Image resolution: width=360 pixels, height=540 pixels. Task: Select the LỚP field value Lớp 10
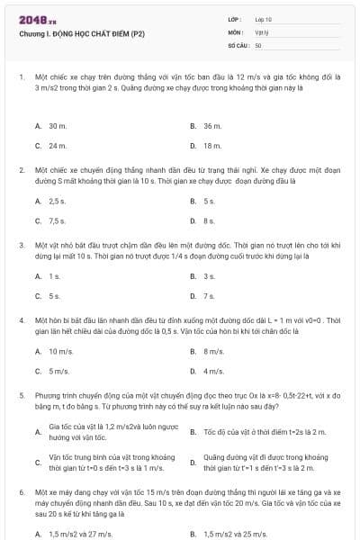coord(264,19)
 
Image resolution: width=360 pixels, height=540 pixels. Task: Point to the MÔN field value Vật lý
coord(262,31)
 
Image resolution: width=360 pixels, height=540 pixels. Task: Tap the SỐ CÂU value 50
coord(258,44)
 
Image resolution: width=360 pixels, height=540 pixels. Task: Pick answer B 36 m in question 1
coord(212,127)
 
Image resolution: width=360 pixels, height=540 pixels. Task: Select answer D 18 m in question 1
coord(212,145)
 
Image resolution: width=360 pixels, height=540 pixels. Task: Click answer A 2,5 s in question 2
coord(58,202)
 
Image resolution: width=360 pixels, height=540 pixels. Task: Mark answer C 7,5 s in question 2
coord(58,220)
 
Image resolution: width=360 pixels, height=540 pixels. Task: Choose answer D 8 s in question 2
coord(209,220)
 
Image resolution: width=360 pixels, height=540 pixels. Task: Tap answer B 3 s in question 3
coord(209,276)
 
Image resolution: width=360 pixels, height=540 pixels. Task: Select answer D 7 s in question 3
coord(209,294)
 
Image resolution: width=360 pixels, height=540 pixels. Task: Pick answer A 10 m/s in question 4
coord(60,352)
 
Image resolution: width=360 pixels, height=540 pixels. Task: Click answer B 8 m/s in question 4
coord(213,352)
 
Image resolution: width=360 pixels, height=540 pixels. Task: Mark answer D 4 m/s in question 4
coord(213,370)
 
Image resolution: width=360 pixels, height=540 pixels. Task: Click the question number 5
coord(21,394)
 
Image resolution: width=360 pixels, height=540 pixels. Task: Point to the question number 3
coord(21,244)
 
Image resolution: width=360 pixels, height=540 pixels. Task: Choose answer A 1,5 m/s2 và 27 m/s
coord(75,534)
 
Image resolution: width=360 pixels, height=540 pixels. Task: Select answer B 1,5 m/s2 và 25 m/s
coord(229,534)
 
